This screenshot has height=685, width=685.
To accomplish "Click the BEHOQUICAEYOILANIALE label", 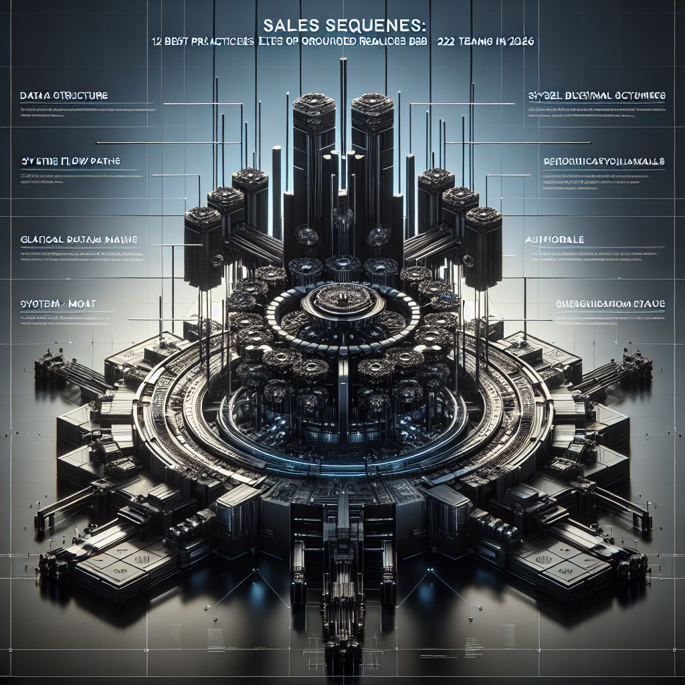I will click(603, 162).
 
